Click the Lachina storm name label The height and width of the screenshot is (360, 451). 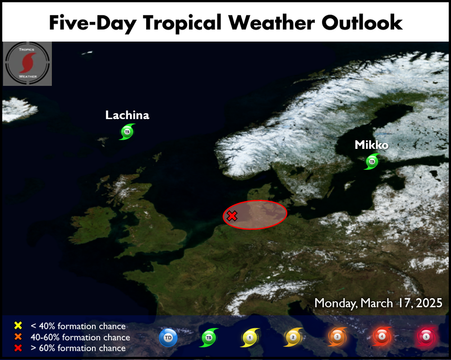tap(127, 115)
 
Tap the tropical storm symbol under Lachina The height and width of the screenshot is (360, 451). tap(127, 132)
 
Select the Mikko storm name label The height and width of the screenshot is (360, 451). tap(372, 145)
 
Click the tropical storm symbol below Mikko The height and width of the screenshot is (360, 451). tap(372, 162)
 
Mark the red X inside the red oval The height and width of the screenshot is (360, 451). tap(232, 216)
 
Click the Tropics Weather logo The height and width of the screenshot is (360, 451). tap(28, 64)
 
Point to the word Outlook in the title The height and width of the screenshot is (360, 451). tap(362, 23)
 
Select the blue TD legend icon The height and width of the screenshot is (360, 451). tap(168, 337)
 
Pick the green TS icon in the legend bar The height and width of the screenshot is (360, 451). tap(209, 337)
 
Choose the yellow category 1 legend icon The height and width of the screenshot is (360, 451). tap(250, 337)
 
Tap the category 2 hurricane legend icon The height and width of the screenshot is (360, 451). tap(293, 337)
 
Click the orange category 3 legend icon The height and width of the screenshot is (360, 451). tap(337, 337)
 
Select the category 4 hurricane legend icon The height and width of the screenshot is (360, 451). tap(382, 336)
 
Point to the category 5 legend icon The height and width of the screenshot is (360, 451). tap(426, 337)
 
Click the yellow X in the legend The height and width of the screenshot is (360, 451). tap(18, 325)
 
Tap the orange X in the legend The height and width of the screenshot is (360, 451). tap(18, 337)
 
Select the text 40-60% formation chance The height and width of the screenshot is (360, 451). tap(80, 337)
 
